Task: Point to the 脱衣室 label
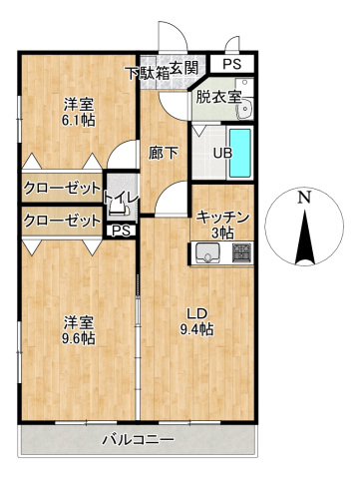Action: coord(217,97)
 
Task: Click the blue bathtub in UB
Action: coord(242,152)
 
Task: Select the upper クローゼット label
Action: coord(62,189)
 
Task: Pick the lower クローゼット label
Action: coord(62,221)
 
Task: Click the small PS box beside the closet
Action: coord(121,232)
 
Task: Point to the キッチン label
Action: coord(222,217)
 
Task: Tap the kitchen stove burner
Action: coord(241,255)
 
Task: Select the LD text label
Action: coord(195,313)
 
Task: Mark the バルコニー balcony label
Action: coord(141,440)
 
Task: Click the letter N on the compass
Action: coord(305,198)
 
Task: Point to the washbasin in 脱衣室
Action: coord(249,108)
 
